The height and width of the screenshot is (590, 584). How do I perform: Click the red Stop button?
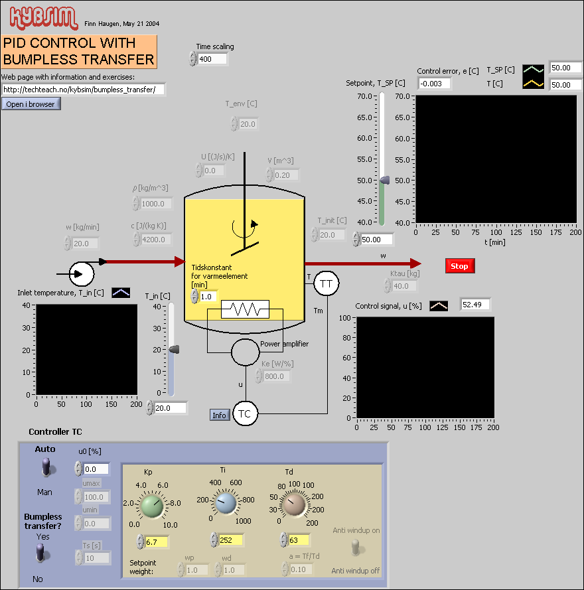(459, 266)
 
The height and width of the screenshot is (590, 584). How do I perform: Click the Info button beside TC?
(220, 415)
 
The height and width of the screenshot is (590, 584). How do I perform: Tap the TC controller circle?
(245, 414)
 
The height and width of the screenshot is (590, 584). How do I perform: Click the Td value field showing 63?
(300, 540)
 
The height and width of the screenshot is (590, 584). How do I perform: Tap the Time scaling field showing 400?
(212, 59)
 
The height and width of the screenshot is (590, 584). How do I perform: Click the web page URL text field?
(83, 89)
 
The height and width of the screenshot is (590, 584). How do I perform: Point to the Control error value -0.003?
(435, 83)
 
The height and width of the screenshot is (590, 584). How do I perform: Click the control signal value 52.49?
(475, 305)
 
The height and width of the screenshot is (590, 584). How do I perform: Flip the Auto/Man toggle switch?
(46, 469)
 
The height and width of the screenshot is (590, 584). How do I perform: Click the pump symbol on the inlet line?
(82, 273)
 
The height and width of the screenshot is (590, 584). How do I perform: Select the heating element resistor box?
(245, 309)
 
